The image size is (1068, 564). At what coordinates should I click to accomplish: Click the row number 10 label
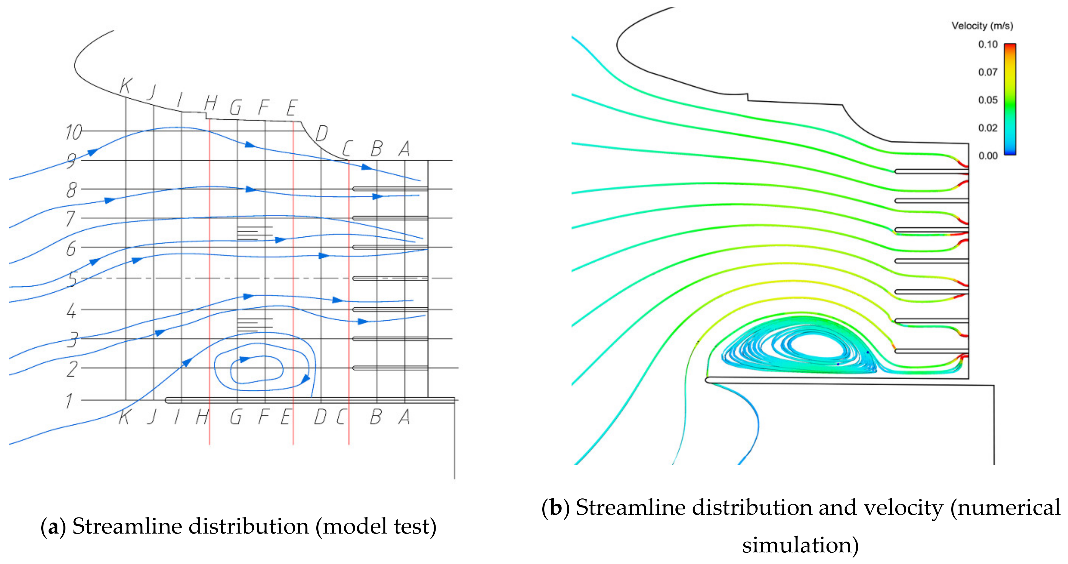(74, 133)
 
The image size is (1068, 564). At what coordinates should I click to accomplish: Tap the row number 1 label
(69, 401)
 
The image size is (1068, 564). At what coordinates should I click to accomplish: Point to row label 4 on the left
(71, 311)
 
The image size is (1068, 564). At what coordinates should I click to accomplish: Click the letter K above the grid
(125, 86)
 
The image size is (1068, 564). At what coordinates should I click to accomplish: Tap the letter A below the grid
(404, 417)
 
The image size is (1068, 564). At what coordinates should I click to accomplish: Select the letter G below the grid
(235, 417)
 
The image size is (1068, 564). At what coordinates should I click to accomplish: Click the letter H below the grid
(202, 417)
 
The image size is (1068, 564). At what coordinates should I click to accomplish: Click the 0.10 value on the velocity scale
(988, 44)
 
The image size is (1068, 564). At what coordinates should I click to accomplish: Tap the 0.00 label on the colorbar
(988, 156)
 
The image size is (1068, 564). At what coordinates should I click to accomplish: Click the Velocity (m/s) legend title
(982, 26)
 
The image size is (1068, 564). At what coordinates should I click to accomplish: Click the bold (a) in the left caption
(53, 527)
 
